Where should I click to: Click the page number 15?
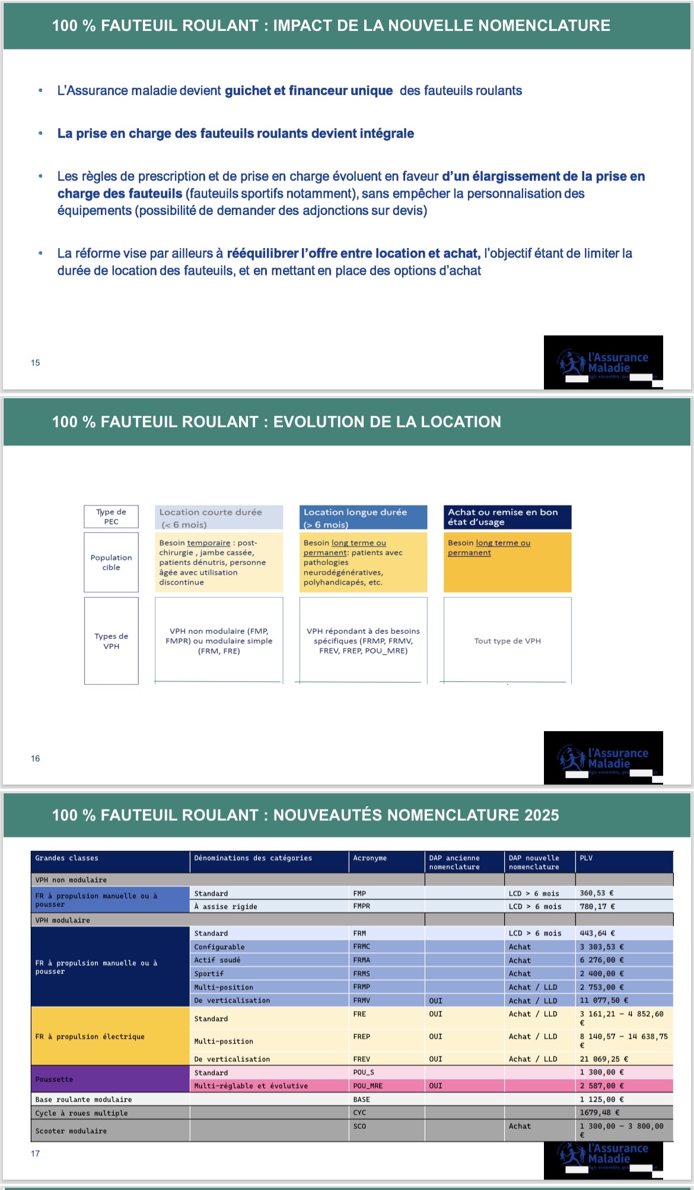(x=36, y=363)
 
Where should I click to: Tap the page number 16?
(x=36, y=759)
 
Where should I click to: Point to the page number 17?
(x=36, y=1153)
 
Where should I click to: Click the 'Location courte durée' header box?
(x=218, y=518)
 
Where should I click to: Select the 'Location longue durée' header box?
(x=363, y=518)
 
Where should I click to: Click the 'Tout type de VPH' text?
(x=507, y=641)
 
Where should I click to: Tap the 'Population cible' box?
(x=111, y=562)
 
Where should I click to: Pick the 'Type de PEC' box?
(x=111, y=516)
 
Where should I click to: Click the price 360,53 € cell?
(x=597, y=893)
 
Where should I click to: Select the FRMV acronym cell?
(x=362, y=1000)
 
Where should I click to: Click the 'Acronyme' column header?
(x=370, y=858)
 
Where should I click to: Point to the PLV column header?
(x=586, y=858)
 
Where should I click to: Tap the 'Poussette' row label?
(x=55, y=1079)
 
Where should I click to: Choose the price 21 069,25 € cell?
(x=604, y=1059)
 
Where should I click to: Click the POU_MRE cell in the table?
(x=368, y=1086)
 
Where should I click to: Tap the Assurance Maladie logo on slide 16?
(x=603, y=758)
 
